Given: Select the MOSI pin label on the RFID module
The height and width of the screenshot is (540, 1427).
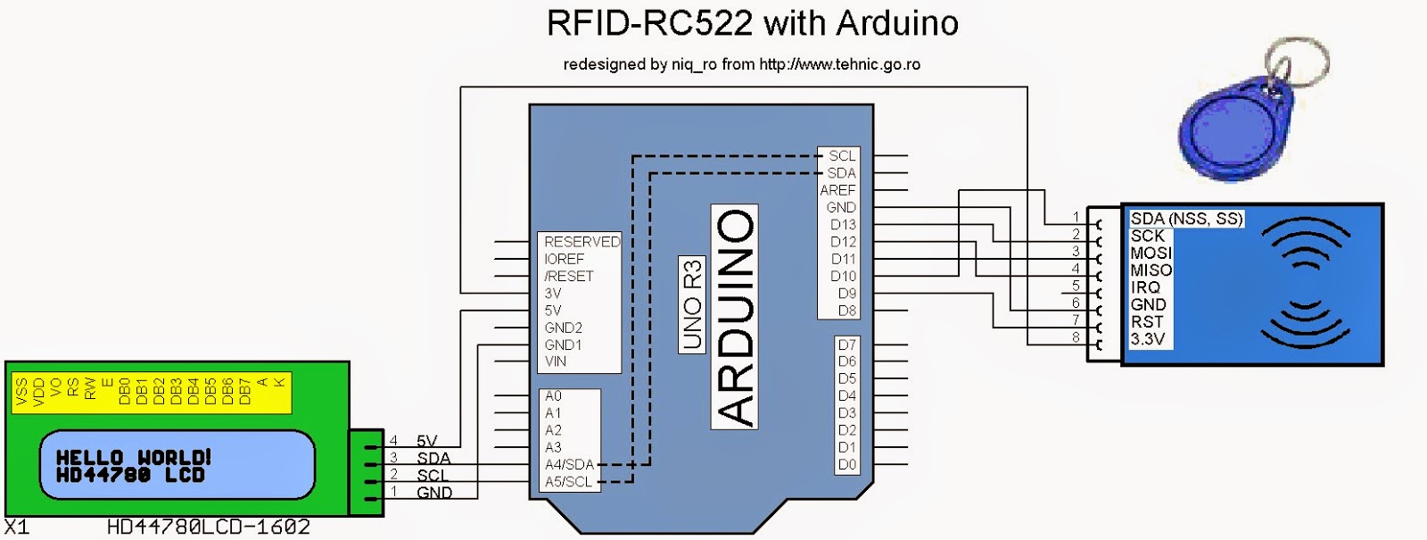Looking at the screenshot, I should (x=1151, y=253).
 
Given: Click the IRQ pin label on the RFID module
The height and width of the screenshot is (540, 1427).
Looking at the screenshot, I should (x=1145, y=287).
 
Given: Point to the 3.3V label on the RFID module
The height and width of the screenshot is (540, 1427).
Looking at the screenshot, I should (x=1147, y=339).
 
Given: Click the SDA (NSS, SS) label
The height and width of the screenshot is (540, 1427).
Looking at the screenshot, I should (x=1186, y=219).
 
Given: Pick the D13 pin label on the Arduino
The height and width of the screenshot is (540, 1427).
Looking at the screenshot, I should (x=842, y=225).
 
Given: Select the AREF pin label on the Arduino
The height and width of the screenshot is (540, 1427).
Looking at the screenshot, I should (x=837, y=190).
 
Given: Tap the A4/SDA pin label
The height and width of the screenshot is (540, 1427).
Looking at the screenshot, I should (x=568, y=464).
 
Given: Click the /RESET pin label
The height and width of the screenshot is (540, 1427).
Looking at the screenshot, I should (x=568, y=276).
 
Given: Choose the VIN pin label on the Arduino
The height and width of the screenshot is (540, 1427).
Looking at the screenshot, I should (x=555, y=361).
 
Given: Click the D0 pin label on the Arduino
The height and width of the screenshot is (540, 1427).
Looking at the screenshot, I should (x=846, y=464).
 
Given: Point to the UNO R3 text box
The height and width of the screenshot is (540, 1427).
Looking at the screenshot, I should (x=692, y=304).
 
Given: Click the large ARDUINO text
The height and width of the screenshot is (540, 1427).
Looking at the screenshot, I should (x=735, y=317).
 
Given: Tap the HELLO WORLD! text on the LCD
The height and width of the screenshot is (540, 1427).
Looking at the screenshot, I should (x=134, y=457).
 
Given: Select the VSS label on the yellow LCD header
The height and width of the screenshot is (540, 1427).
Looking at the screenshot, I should (x=21, y=392).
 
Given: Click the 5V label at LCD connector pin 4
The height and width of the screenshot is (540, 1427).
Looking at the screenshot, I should (x=426, y=441).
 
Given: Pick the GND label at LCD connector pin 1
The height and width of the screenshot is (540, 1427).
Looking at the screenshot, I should (x=433, y=492).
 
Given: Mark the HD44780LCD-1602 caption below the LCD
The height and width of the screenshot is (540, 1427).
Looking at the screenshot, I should (x=208, y=528).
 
